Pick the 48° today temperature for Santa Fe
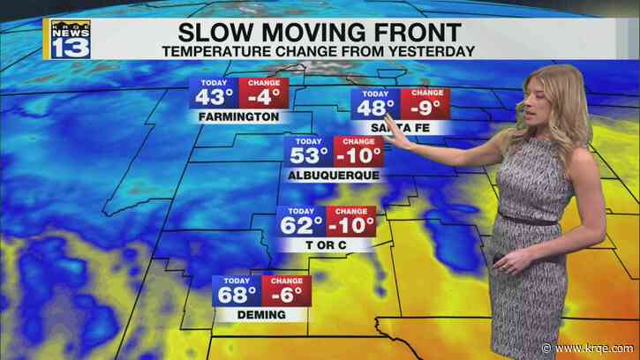(374, 107)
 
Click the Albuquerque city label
(334, 175)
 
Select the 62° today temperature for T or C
(298, 224)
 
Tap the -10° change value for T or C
(351, 224)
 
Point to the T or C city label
(326, 244)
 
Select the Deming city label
(260, 314)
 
